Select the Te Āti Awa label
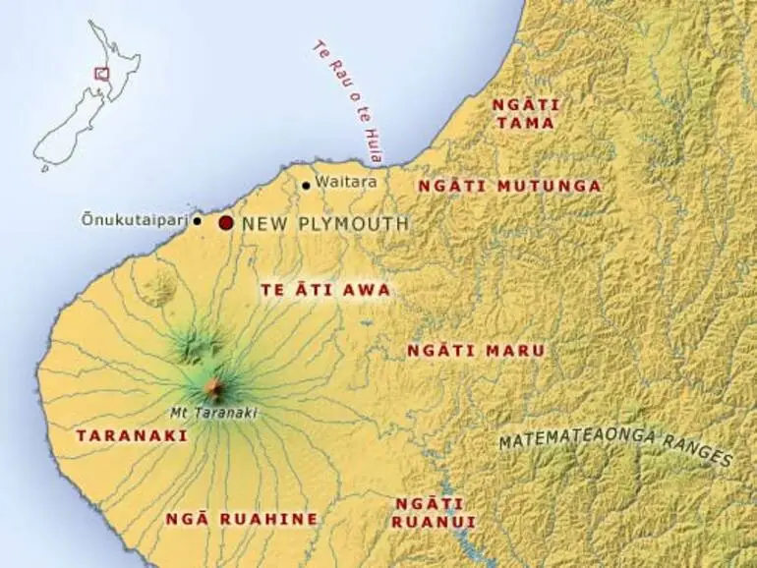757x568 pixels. [x=324, y=290]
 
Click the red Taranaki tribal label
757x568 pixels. [x=118, y=433]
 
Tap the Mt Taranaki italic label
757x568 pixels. [x=213, y=413]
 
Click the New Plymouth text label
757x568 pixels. [x=324, y=224]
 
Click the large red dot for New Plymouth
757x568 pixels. [x=226, y=223]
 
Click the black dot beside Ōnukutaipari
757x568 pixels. [x=198, y=221]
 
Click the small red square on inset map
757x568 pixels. [x=99, y=72]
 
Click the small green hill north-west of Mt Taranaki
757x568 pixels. [x=157, y=286]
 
